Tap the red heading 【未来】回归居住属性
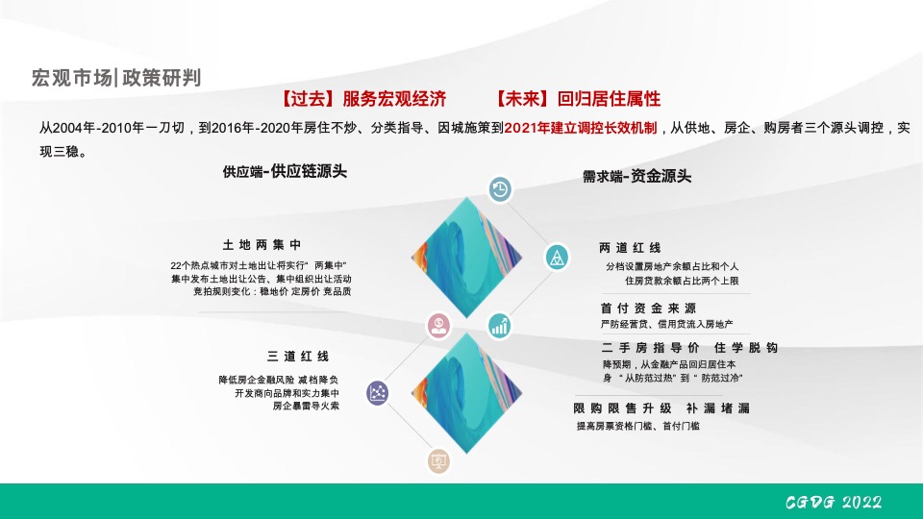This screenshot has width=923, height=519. tap(578, 99)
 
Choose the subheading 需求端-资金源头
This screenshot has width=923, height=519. tap(636, 177)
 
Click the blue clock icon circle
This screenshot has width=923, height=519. tap(500, 189)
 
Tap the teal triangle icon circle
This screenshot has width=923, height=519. tap(556, 257)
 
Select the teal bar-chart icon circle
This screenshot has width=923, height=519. tap(500, 325)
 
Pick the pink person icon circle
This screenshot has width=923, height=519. tap(439, 325)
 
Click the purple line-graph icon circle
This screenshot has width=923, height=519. tap(379, 392)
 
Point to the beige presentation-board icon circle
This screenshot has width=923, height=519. tap(439, 462)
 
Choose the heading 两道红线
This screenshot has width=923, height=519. tap(630, 248)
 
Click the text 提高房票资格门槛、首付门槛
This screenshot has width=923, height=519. tap(637, 426)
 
